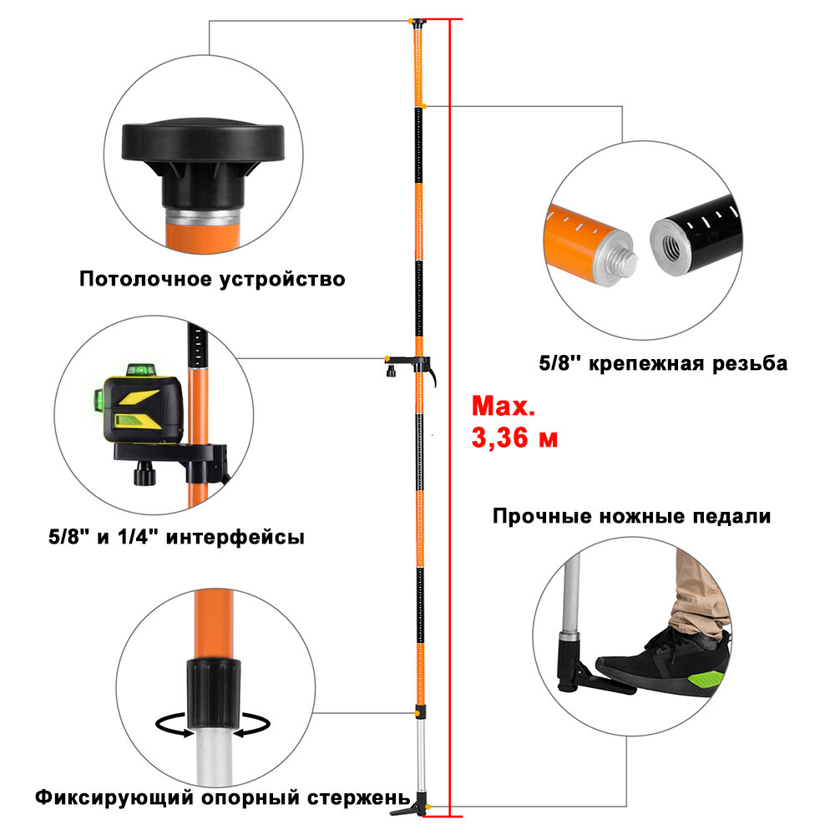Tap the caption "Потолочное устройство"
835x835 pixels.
pyautogui.click(x=212, y=279)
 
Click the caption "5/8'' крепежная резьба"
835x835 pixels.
pyautogui.click(x=663, y=364)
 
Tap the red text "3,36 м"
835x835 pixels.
pyautogui.click(x=514, y=438)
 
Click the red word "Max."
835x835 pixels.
pyautogui.click(x=503, y=407)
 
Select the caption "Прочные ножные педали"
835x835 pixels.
pyautogui.click(x=631, y=516)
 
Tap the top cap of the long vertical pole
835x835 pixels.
pyautogui.click(x=417, y=22)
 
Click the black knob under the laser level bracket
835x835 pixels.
pyautogui.click(x=144, y=477)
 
